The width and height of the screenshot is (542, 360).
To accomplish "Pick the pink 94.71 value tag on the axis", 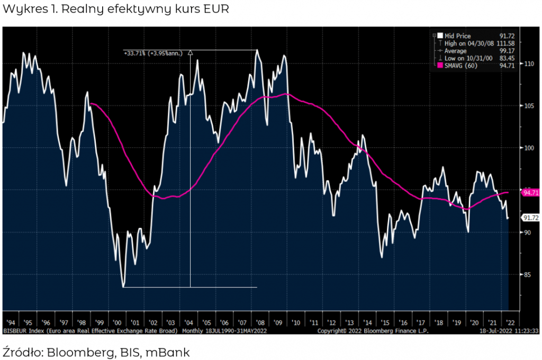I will tap(530, 193).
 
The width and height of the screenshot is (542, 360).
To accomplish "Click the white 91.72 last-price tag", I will tap(530, 218).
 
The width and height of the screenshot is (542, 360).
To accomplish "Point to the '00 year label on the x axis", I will tap(116, 322).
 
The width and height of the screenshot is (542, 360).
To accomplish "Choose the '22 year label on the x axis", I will tap(510, 322).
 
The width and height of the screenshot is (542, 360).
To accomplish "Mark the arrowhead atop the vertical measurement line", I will tap(190, 52).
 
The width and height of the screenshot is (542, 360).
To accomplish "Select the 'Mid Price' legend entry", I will tap(457, 36).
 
